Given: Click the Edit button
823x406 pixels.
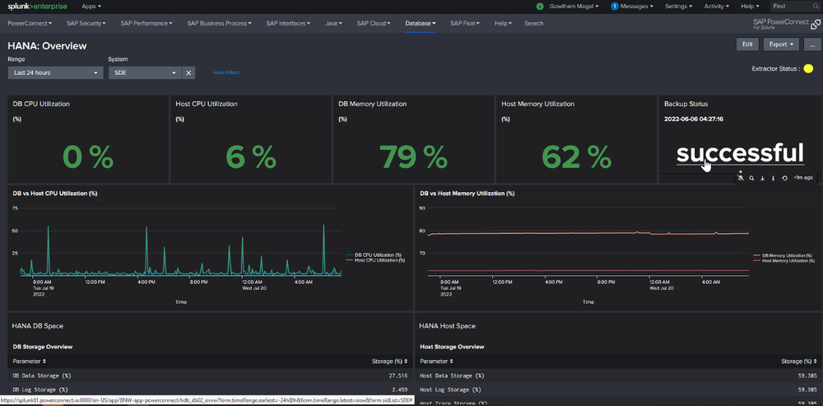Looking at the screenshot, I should click(746, 44).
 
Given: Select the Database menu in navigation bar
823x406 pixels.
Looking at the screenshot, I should click(421, 23).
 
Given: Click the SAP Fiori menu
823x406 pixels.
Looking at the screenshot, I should click(467, 23).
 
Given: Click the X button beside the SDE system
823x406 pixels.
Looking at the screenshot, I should click(188, 72).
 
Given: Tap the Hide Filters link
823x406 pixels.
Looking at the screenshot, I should click(226, 72).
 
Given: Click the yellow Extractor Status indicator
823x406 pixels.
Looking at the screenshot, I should click(807, 68).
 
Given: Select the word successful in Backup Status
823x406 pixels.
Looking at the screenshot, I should click(739, 152).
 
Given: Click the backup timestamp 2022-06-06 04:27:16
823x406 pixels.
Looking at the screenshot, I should click(694, 119).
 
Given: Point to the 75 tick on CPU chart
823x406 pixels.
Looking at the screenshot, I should click(15, 208).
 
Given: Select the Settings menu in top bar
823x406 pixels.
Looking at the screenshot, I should click(678, 6).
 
